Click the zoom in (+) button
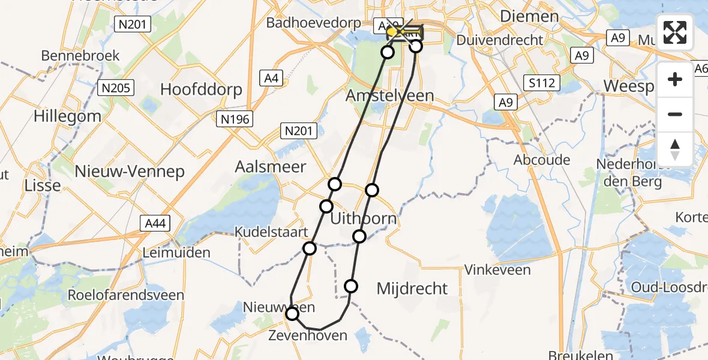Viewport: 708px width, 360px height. (x=675, y=79)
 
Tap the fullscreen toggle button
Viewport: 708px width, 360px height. (x=675, y=32)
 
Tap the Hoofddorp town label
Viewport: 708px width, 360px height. (x=201, y=90)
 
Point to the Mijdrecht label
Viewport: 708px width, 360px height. (x=412, y=289)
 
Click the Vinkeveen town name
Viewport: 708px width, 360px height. (x=498, y=270)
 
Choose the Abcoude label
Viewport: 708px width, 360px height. (x=542, y=160)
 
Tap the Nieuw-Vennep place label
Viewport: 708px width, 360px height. (x=130, y=172)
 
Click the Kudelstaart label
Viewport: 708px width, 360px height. (x=271, y=232)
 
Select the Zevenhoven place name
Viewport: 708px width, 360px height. (x=308, y=335)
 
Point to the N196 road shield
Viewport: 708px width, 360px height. (x=235, y=119)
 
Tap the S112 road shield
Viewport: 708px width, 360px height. (x=541, y=82)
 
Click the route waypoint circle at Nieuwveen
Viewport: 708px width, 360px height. (x=292, y=314)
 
